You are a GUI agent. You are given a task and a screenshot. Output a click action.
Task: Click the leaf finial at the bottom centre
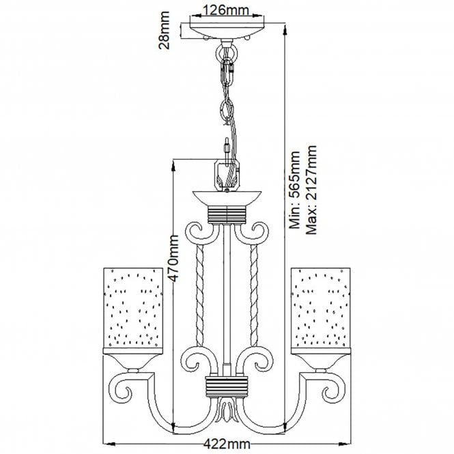[226, 413]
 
